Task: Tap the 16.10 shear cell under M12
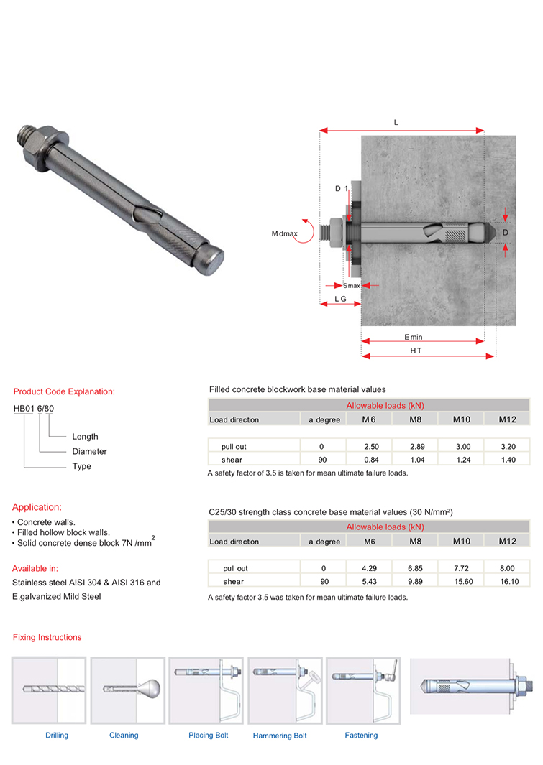(508, 581)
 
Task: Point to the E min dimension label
(413, 336)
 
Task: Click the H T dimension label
(416, 351)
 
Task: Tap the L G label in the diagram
(340, 298)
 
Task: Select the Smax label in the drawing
(352, 286)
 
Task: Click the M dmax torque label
(284, 233)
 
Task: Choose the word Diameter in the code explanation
(89, 452)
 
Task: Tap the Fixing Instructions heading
(47, 637)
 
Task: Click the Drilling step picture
(49, 691)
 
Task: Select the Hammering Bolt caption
(280, 736)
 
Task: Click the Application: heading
(37, 506)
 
